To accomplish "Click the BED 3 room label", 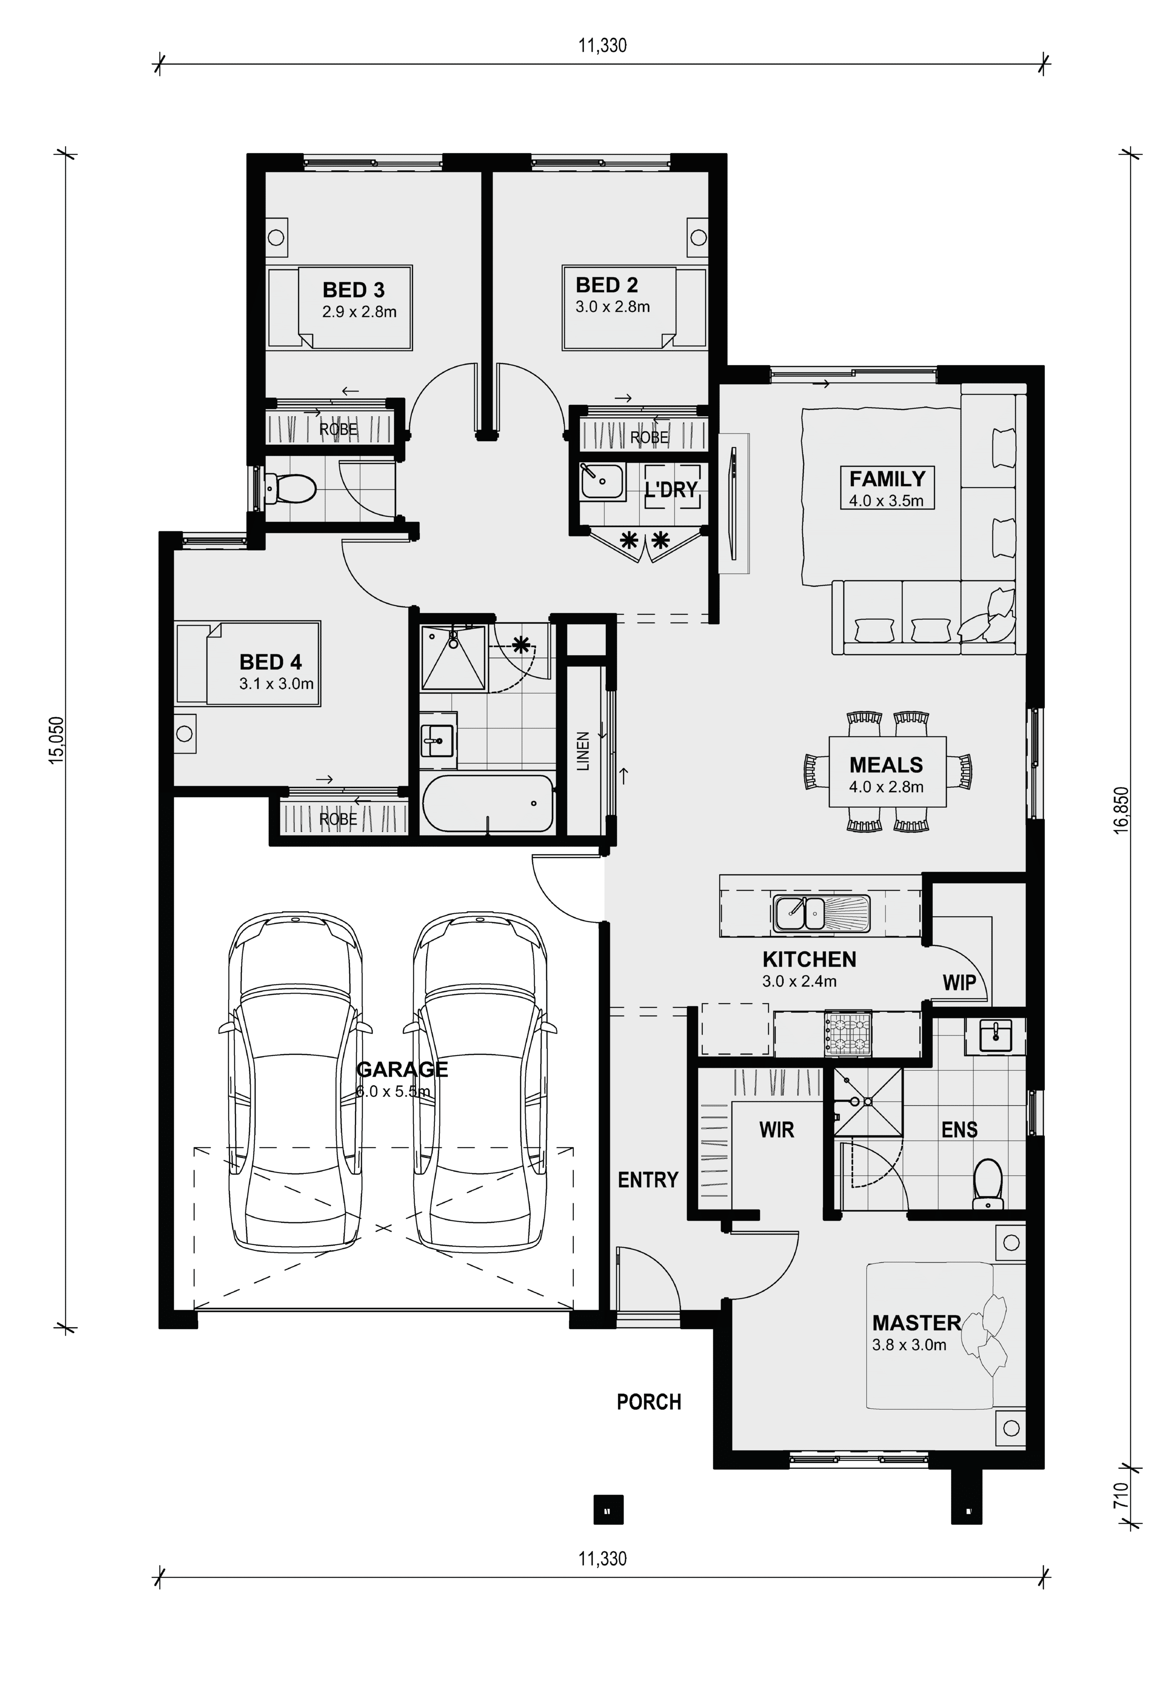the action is pyautogui.click(x=353, y=290).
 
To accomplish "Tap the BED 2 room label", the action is pyautogui.click(x=606, y=285).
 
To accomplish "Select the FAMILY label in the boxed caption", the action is pyautogui.click(x=887, y=479).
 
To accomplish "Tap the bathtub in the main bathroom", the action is pyautogui.click(x=487, y=803).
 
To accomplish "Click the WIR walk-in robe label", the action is pyautogui.click(x=777, y=1130).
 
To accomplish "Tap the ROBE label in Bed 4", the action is pyautogui.click(x=338, y=820).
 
